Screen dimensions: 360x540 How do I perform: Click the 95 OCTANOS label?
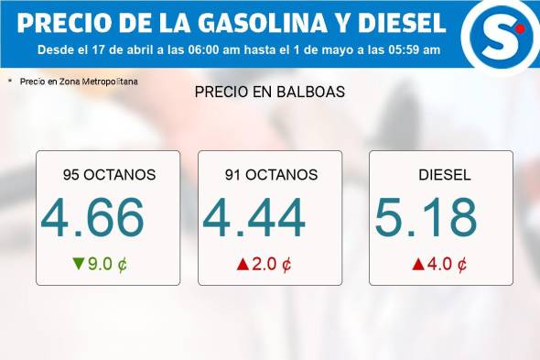109,175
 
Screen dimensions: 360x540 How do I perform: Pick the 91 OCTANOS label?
271,175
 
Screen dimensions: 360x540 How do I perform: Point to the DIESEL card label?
444,175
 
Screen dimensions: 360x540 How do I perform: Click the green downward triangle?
79,265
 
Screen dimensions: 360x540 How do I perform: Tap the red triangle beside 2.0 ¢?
243,265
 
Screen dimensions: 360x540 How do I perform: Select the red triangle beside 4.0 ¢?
417,265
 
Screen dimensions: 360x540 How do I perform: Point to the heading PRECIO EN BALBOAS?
269,93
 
